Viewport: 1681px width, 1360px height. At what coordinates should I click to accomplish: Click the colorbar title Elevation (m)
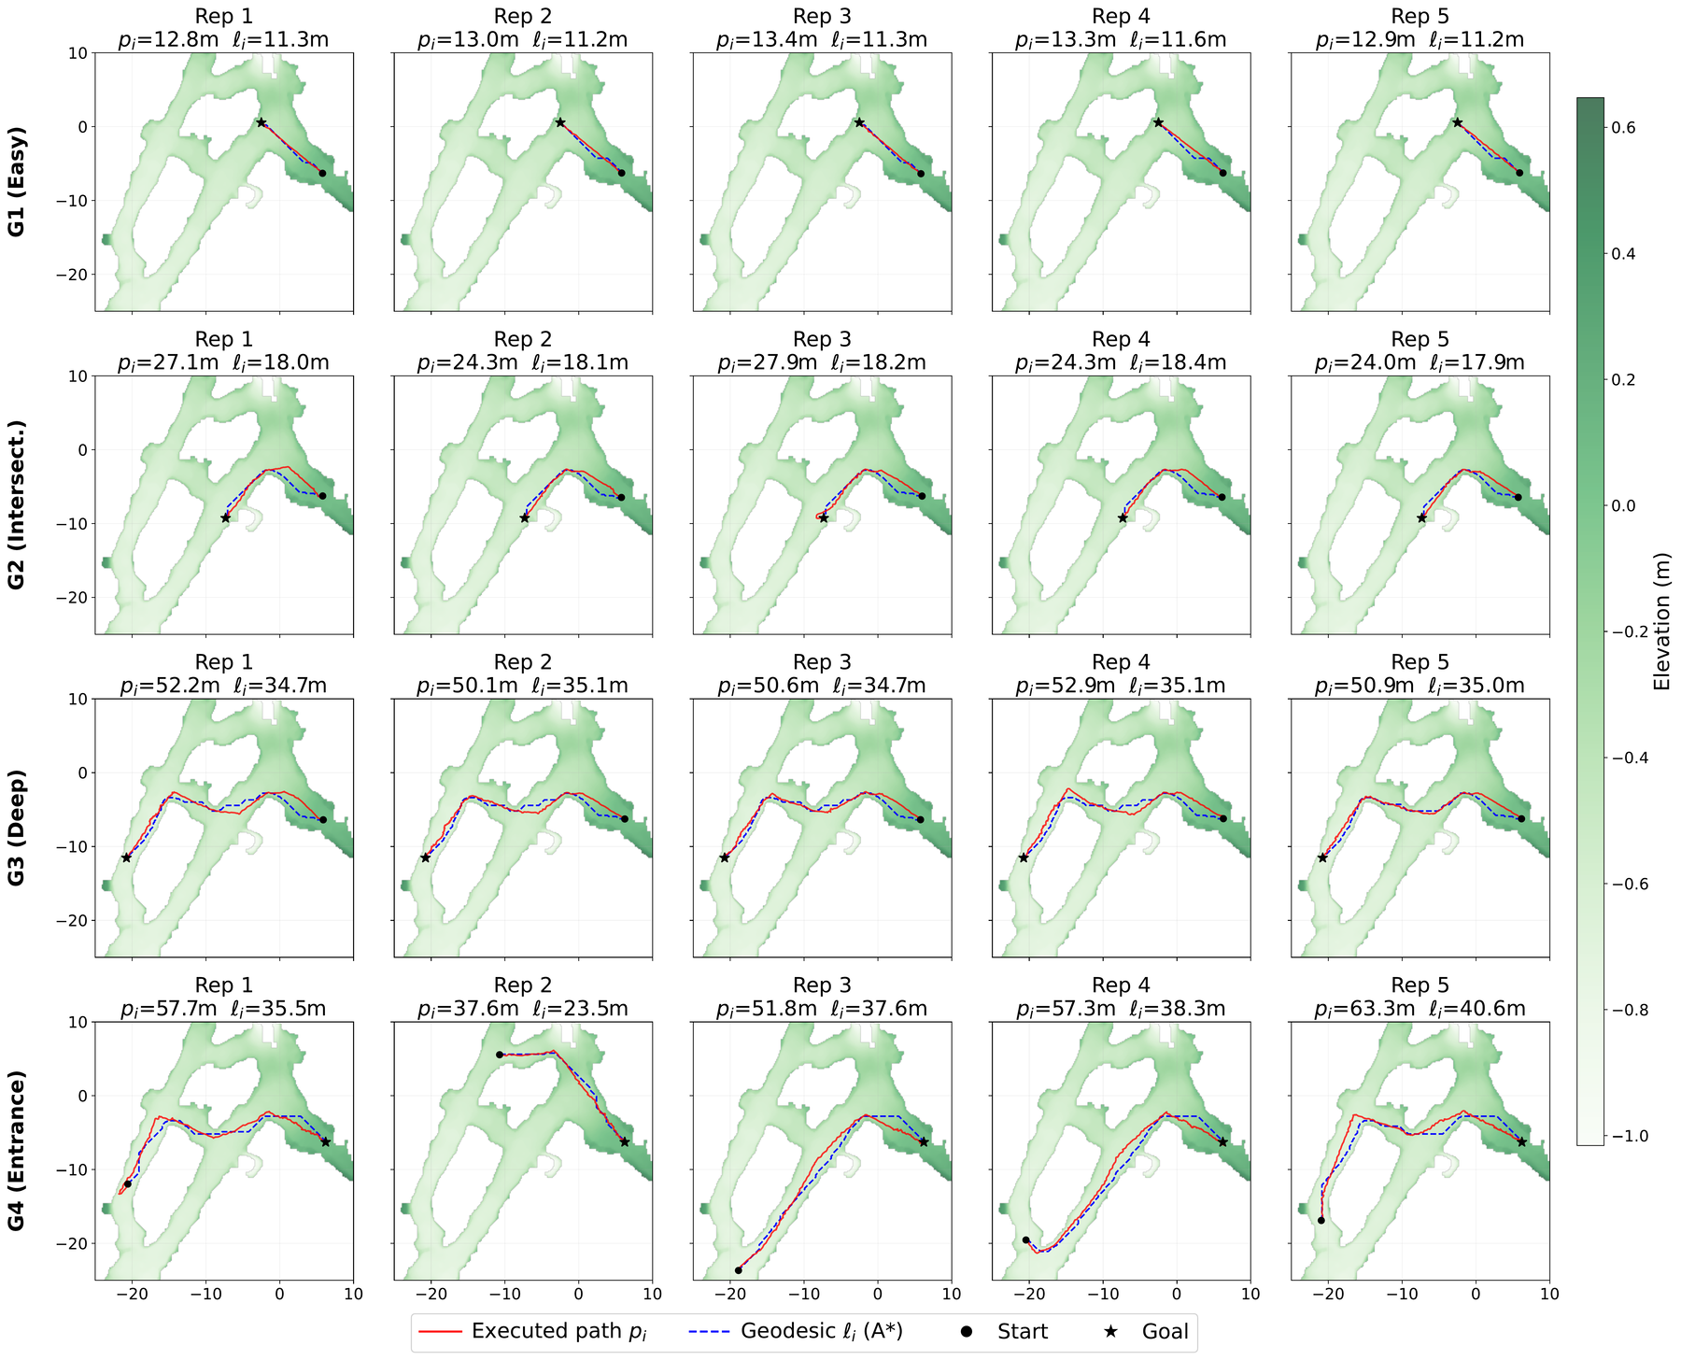click(x=1661, y=621)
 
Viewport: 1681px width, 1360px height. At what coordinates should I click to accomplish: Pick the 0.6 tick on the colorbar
click(x=1622, y=128)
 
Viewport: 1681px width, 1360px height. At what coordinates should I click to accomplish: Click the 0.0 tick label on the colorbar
click(x=1622, y=506)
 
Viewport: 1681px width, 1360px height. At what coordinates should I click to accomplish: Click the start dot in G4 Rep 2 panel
click(x=500, y=1055)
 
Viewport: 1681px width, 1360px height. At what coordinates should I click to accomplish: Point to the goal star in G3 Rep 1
click(x=126, y=857)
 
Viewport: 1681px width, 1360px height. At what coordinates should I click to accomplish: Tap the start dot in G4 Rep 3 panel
click(x=739, y=1270)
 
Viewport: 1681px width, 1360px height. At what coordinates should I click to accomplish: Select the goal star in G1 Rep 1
click(x=261, y=122)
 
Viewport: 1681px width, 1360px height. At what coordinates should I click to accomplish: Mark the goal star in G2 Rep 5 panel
click(x=1421, y=517)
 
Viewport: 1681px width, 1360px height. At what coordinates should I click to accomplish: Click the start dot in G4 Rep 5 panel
click(x=1321, y=1220)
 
